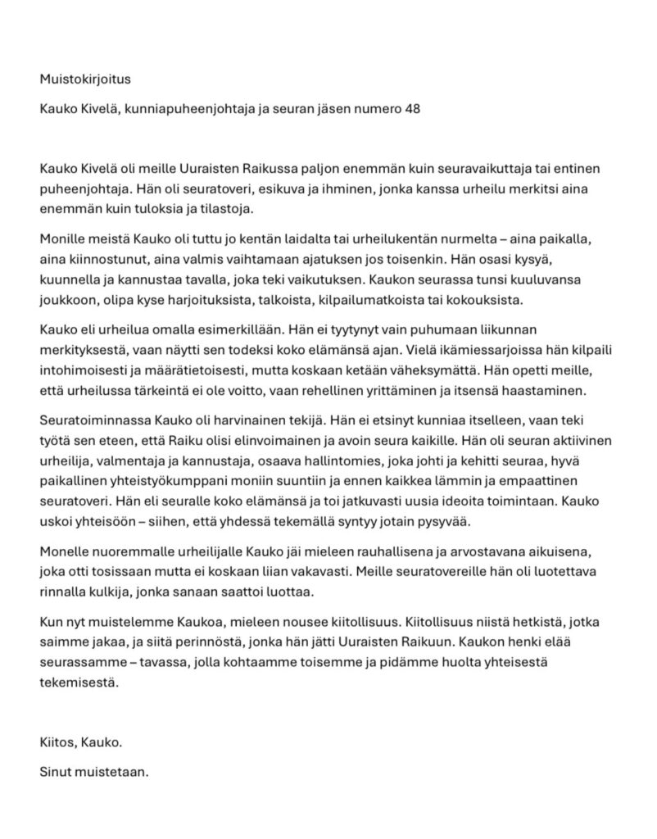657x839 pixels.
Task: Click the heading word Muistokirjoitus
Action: [85, 79]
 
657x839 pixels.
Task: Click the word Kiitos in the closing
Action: [57, 743]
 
